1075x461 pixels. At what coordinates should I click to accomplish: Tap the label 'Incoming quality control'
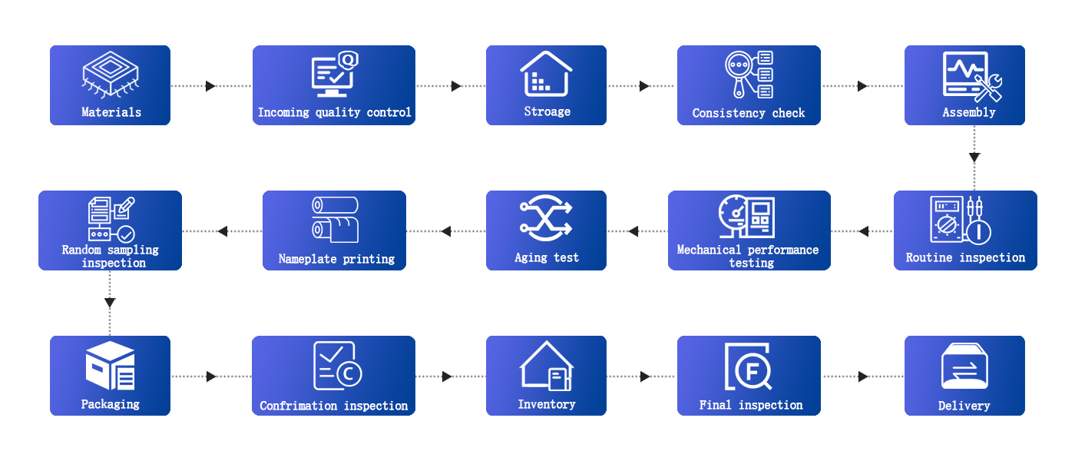coord(334,112)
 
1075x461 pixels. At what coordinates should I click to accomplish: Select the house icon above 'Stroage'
coord(546,74)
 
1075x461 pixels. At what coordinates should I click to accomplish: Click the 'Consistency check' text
coord(749,113)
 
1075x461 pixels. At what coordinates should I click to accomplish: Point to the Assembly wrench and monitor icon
coord(972,77)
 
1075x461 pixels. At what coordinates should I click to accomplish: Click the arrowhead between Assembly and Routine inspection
coord(974,158)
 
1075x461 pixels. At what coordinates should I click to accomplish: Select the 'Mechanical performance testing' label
coord(749,256)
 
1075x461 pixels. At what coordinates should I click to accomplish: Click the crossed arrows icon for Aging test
coord(546,217)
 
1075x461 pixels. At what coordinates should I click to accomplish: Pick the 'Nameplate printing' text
coord(336,259)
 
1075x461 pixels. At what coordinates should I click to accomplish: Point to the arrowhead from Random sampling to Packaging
coord(110,303)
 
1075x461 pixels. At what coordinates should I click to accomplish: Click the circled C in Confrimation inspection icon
coord(349,374)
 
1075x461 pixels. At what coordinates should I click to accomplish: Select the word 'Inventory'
coord(546,404)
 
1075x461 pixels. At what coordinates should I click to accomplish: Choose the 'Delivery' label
coord(964,406)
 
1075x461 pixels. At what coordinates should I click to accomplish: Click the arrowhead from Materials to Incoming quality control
coord(210,86)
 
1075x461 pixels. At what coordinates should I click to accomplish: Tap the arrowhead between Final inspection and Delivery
coord(863,376)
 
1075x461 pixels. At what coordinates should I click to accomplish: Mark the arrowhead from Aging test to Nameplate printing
coord(446,231)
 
